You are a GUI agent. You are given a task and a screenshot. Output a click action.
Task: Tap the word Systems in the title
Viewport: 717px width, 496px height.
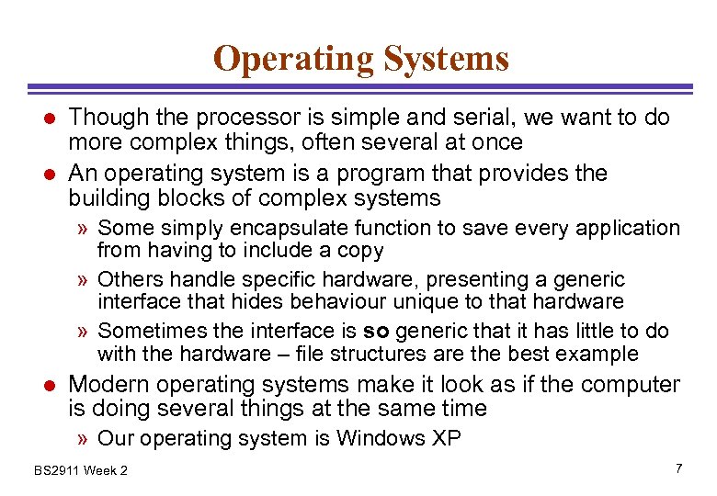pyautogui.click(x=446, y=60)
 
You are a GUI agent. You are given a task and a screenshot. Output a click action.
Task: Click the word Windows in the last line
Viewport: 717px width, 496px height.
pyautogui.click(x=380, y=438)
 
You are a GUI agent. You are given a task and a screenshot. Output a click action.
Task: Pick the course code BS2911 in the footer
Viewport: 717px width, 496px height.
pyautogui.click(x=56, y=471)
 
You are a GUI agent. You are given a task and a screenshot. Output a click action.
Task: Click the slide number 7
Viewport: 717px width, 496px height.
pyautogui.click(x=678, y=469)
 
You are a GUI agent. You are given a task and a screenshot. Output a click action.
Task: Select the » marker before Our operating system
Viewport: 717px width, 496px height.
pyautogui.click(x=84, y=439)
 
